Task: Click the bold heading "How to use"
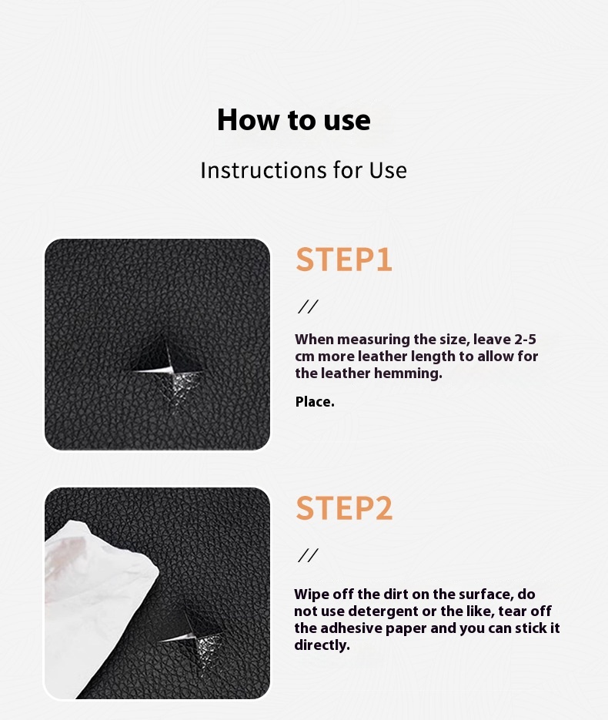pos(293,120)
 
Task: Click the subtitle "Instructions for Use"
pos(303,170)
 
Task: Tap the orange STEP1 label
pos(344,260)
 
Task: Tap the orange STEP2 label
pos(344,509)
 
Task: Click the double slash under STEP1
pos(308,307)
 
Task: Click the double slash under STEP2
pos(308,556)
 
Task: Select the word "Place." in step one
pos(315,402)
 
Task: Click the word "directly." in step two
pos(322,645)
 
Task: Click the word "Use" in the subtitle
pos(388,170)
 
